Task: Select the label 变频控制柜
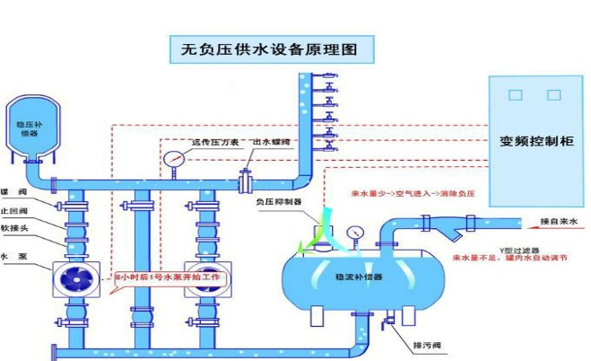tap(537, 141)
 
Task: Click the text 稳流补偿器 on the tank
tap(358, 278)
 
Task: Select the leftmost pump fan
tap(74, 278)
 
